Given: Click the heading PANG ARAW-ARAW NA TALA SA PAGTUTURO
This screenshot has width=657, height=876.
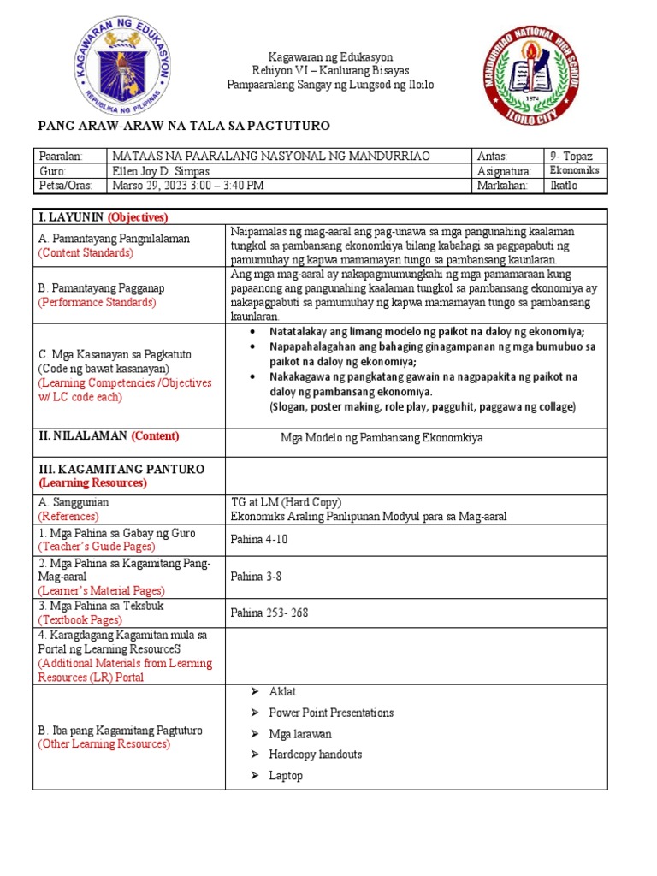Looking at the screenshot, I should coord(184,126).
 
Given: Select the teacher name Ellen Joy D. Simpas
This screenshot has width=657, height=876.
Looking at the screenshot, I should coord(162,170).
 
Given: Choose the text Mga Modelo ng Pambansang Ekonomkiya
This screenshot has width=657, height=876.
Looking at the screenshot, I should coord(382,437).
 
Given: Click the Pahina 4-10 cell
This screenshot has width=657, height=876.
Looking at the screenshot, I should coord(259,539).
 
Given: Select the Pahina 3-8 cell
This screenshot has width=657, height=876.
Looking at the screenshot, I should coord(256,576).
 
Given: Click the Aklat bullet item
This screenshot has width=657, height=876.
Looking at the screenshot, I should coord(282,691).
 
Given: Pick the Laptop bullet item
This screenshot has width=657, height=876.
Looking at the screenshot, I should coord(286,776).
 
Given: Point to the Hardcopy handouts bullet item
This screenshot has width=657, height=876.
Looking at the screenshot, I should coord(315,755).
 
